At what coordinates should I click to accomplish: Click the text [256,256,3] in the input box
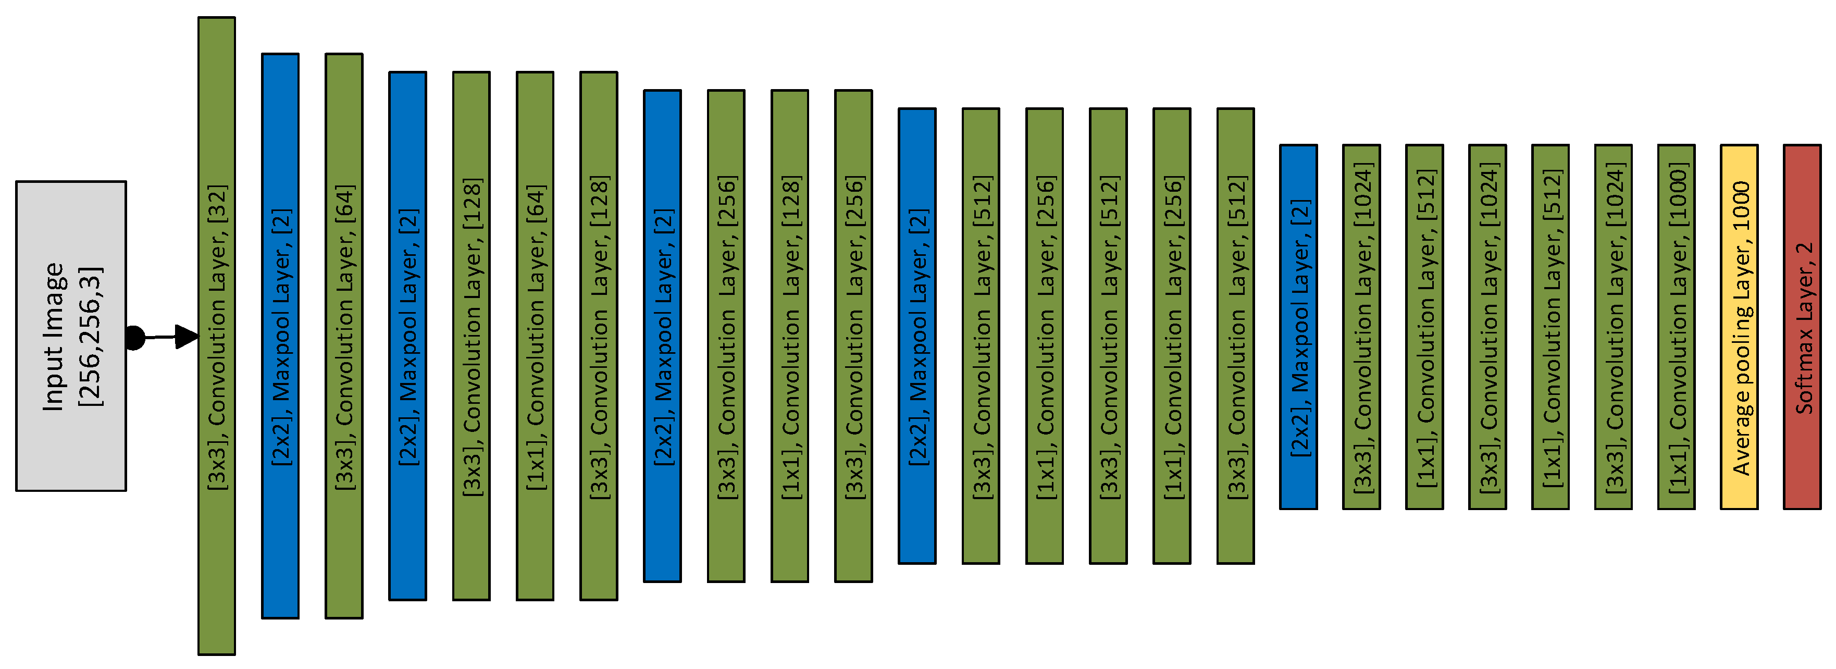[x=91, y=336]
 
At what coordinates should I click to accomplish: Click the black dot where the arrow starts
[x=135, y=338]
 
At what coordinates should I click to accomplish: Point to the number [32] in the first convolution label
[x=217, y=203]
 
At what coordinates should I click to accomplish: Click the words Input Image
[x=54, y=336]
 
